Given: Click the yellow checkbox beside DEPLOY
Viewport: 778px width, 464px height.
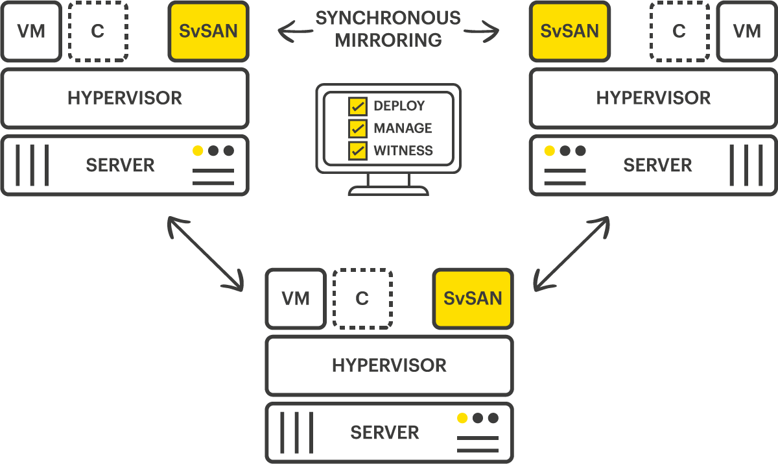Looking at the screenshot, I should click(x=357, y=106).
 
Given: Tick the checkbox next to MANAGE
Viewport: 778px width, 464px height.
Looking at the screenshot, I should click(x=357, y=128).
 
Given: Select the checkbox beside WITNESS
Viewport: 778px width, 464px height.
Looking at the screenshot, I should click(x=357, y=151).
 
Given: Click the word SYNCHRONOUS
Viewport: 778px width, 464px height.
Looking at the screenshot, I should click(x=388, y=18).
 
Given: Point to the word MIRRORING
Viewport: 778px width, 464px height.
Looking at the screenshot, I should click(x=388, y=40).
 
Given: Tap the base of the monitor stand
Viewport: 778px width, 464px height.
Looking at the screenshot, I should click(x=388, y=190).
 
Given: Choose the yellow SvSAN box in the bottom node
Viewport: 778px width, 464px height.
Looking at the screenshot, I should click(x=473, y=299).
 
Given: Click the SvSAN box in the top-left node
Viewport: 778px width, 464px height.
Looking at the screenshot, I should click(x=208, y=31).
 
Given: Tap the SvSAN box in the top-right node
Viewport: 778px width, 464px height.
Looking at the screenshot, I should click(x=569, y=31).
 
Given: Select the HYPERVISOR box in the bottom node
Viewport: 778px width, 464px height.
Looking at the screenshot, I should click(x=389, y=365).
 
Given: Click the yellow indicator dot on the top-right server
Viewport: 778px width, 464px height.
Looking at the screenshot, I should click(x=549, y=151).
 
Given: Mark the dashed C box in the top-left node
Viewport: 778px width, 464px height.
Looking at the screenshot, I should click(x=98, y=31).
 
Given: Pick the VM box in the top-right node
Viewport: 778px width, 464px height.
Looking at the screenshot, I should click(x=747, y=31).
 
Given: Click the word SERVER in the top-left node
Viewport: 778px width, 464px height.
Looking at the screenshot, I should click(x=120, y=165).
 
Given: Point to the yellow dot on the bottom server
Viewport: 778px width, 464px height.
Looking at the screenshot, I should click(x=462, y=418).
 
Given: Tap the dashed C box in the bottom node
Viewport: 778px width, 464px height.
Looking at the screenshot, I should click(x=362, y=299).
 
